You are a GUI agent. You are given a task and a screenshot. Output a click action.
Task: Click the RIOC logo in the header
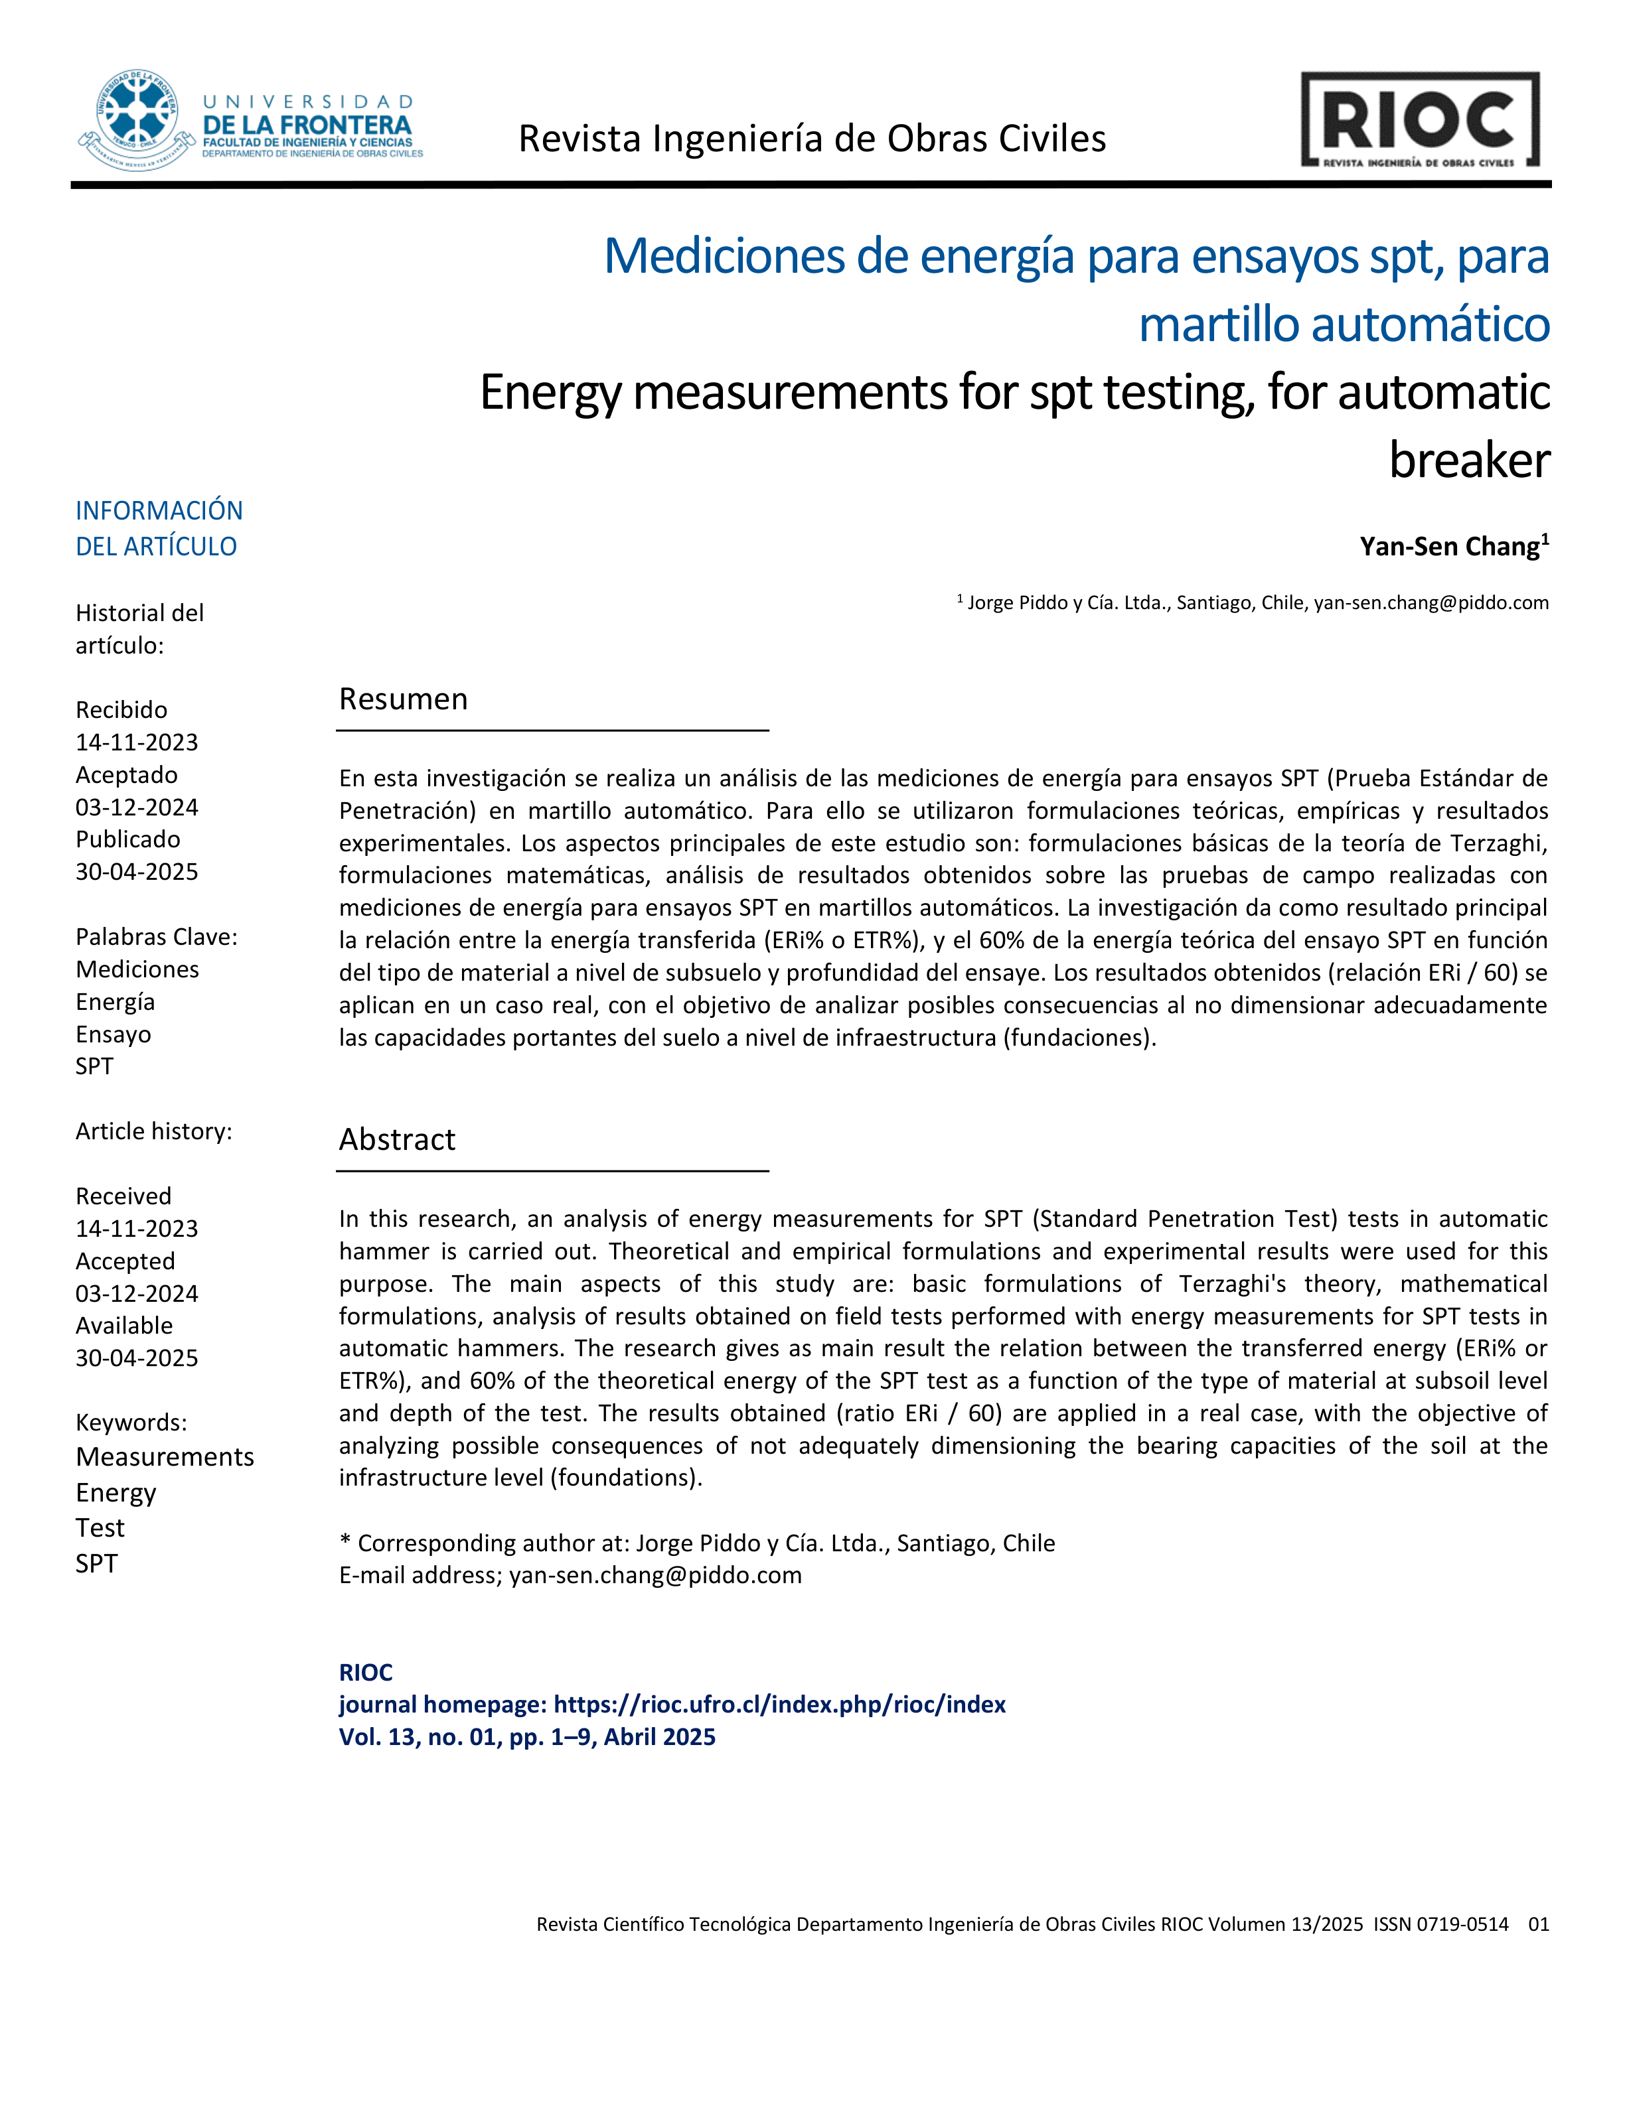coord(1420,120)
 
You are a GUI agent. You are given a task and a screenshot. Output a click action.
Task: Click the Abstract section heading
coord(396,1139)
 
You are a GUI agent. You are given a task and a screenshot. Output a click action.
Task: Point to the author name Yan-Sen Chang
coord(1449,547)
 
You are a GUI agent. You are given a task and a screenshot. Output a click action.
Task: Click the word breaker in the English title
coord(1469,460)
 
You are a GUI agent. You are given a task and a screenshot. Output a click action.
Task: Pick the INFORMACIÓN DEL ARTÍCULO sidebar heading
coord(159,528)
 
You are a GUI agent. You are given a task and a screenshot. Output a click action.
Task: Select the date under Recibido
coord(137,742)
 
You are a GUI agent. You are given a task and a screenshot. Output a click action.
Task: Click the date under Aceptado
coord(137,807)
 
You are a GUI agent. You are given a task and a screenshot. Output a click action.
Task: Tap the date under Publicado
coord(137,872)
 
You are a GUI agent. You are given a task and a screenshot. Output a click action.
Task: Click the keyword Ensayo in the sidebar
coord(114,1034)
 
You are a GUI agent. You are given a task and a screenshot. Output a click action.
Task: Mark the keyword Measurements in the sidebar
coord(165,1457)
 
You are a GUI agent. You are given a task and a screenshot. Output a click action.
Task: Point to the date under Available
coord(137,1358)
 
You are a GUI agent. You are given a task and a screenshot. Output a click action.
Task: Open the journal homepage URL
coord(780,1705)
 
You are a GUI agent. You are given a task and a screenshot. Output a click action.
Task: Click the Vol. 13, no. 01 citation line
coord(526,1737)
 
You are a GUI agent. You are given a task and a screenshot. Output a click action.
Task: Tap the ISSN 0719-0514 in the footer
coord(1440,1924)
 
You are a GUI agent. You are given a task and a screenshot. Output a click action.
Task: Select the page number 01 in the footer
coord(1538,1924)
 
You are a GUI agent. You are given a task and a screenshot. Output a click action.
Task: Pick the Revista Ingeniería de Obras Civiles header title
coord(812,139)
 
